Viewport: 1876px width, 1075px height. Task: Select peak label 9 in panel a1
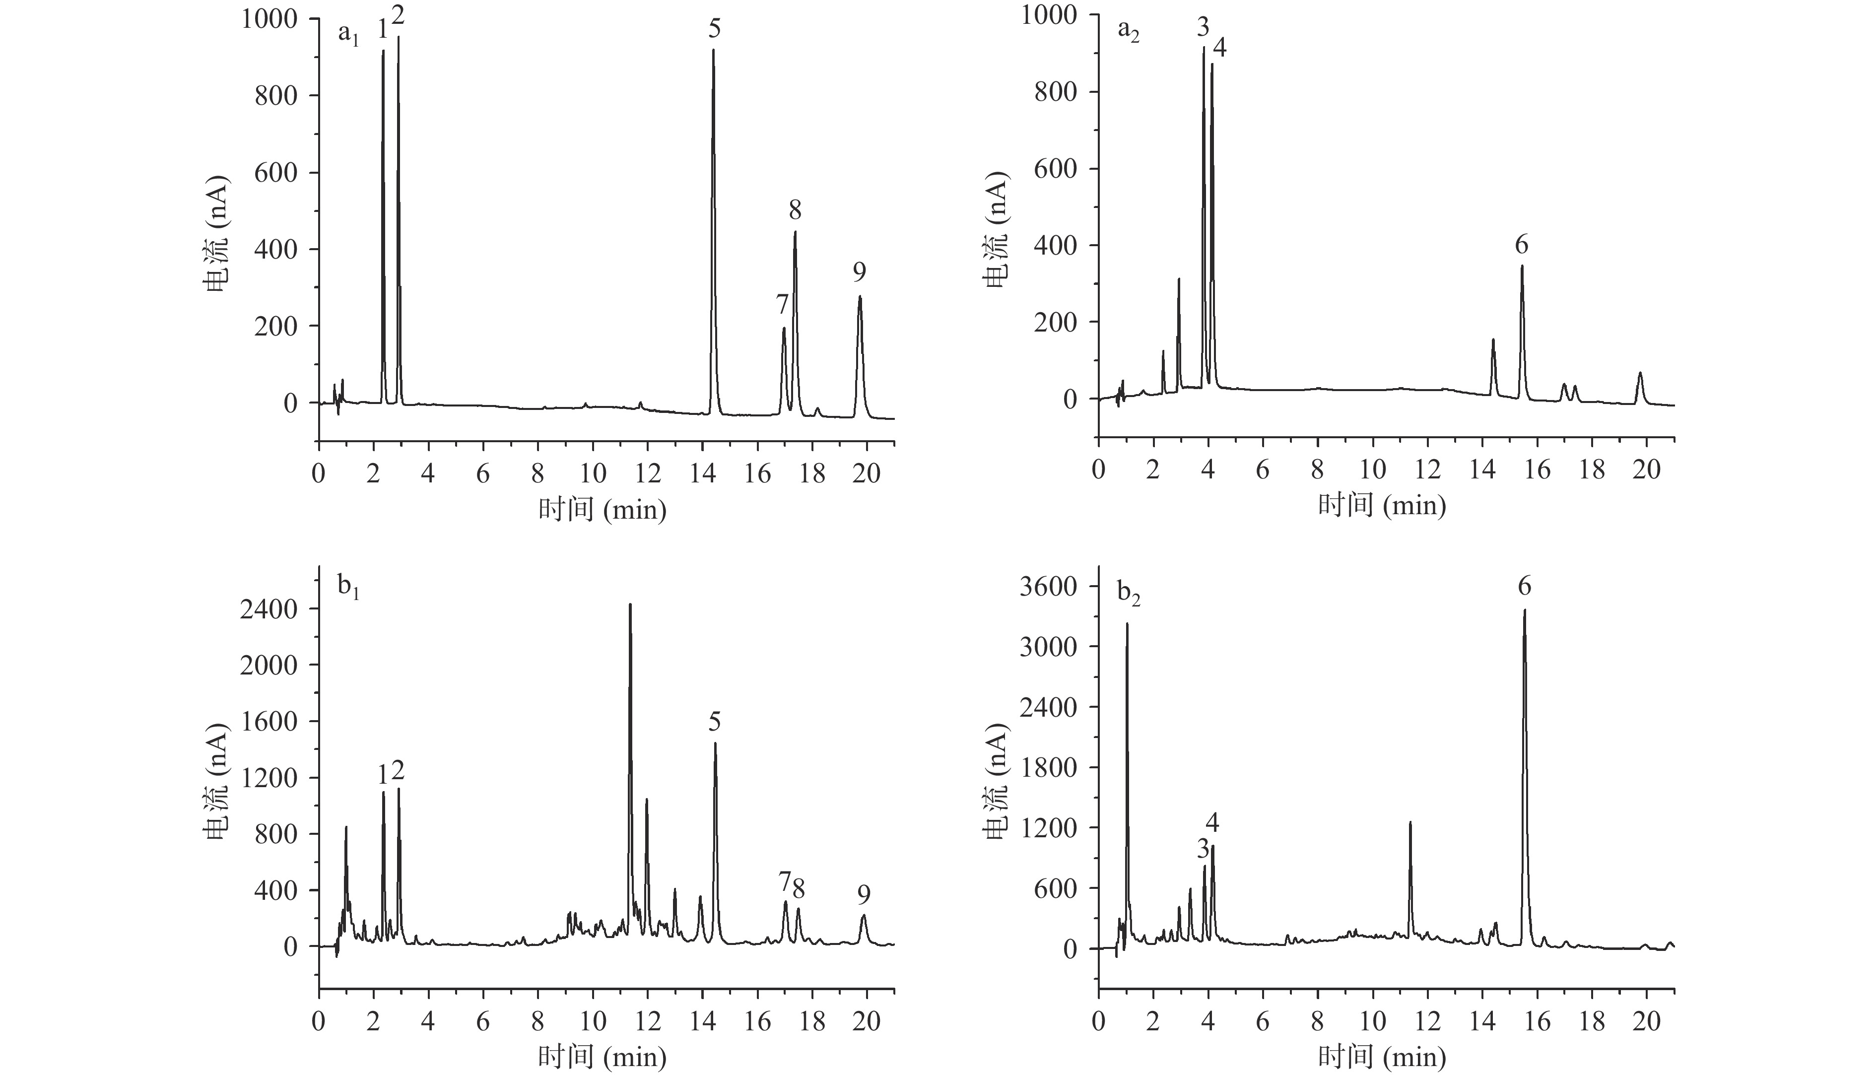[x=860, y=272]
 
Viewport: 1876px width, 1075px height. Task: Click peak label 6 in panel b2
[x=1525, y=586]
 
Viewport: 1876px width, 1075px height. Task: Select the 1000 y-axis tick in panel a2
[x=1051, y=15]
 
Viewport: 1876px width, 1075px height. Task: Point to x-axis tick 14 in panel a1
[x=703, y=473]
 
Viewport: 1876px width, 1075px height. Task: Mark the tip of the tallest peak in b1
[x=630, y=605]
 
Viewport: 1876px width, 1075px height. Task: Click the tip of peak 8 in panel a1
[x=795, y=232]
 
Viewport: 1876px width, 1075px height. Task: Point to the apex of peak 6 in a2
[x=1522, y=266]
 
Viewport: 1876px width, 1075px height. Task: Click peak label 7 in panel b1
[x=784, y=881]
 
